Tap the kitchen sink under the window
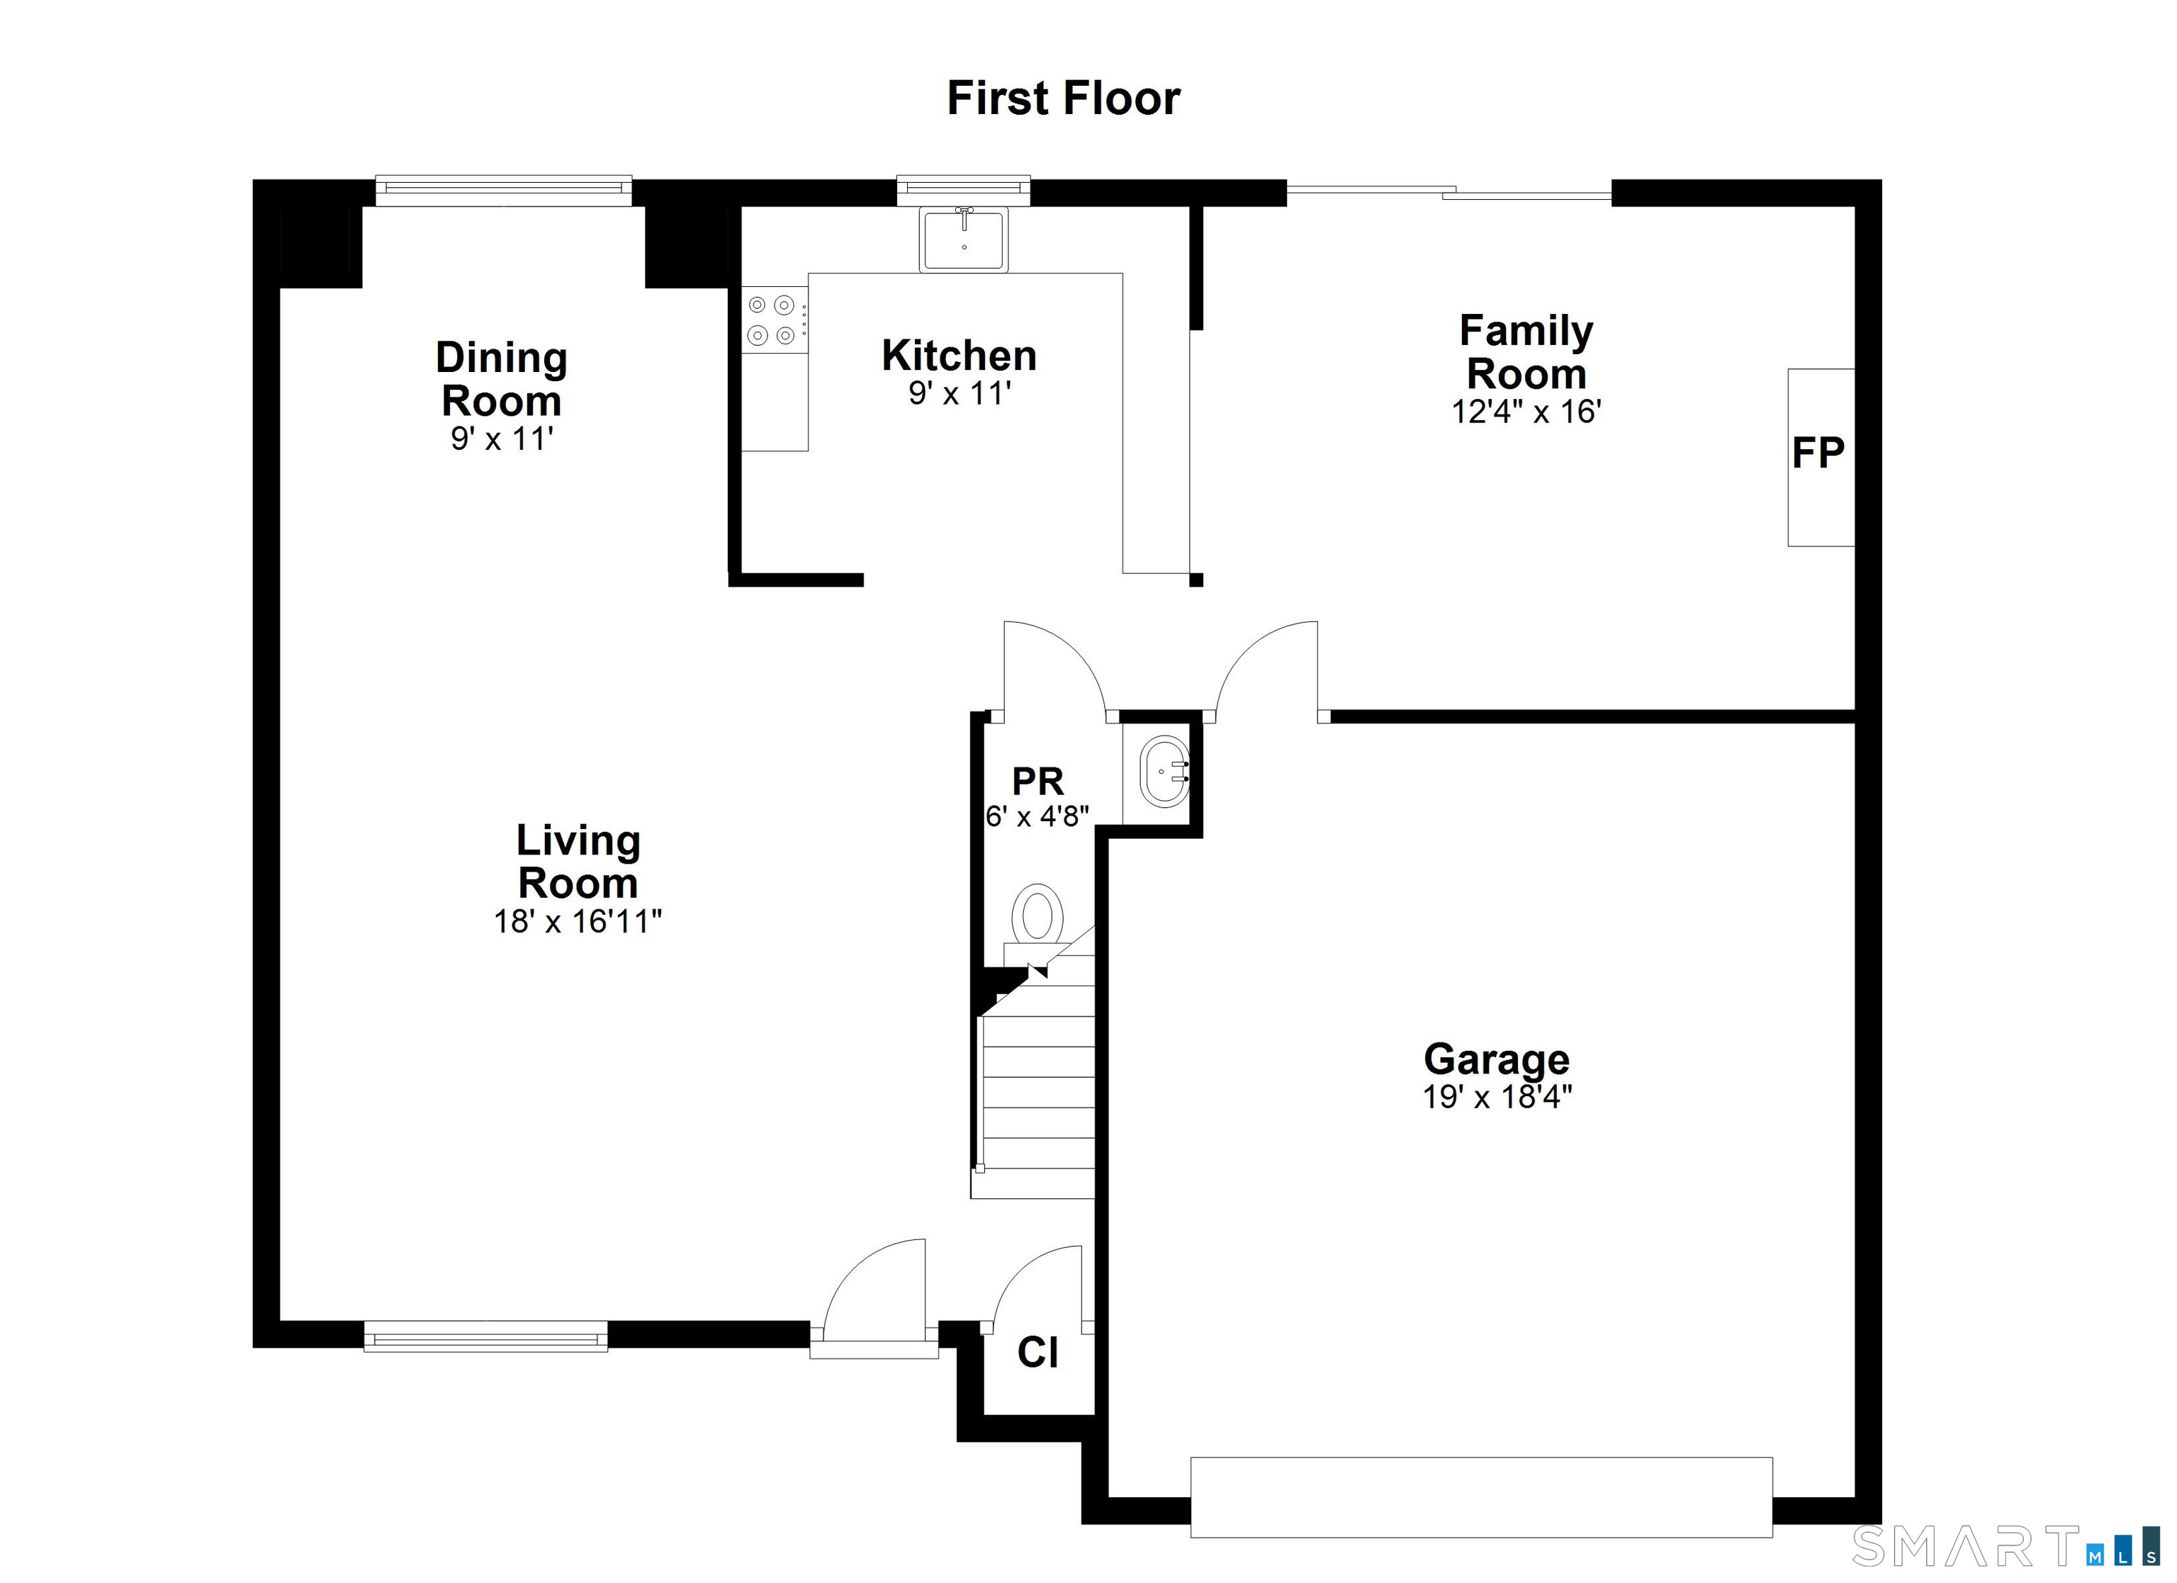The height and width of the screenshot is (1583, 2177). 963,240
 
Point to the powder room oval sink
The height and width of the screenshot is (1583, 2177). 1164,771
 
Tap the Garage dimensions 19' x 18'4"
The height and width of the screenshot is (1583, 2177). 1497,1097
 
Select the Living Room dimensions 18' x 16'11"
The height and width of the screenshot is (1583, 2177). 578,922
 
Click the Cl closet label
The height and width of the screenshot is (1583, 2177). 1037,1353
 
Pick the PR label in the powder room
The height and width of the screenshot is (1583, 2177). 1037,782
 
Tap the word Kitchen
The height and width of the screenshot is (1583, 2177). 959,356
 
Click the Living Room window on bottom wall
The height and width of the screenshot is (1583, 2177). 485,1336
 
